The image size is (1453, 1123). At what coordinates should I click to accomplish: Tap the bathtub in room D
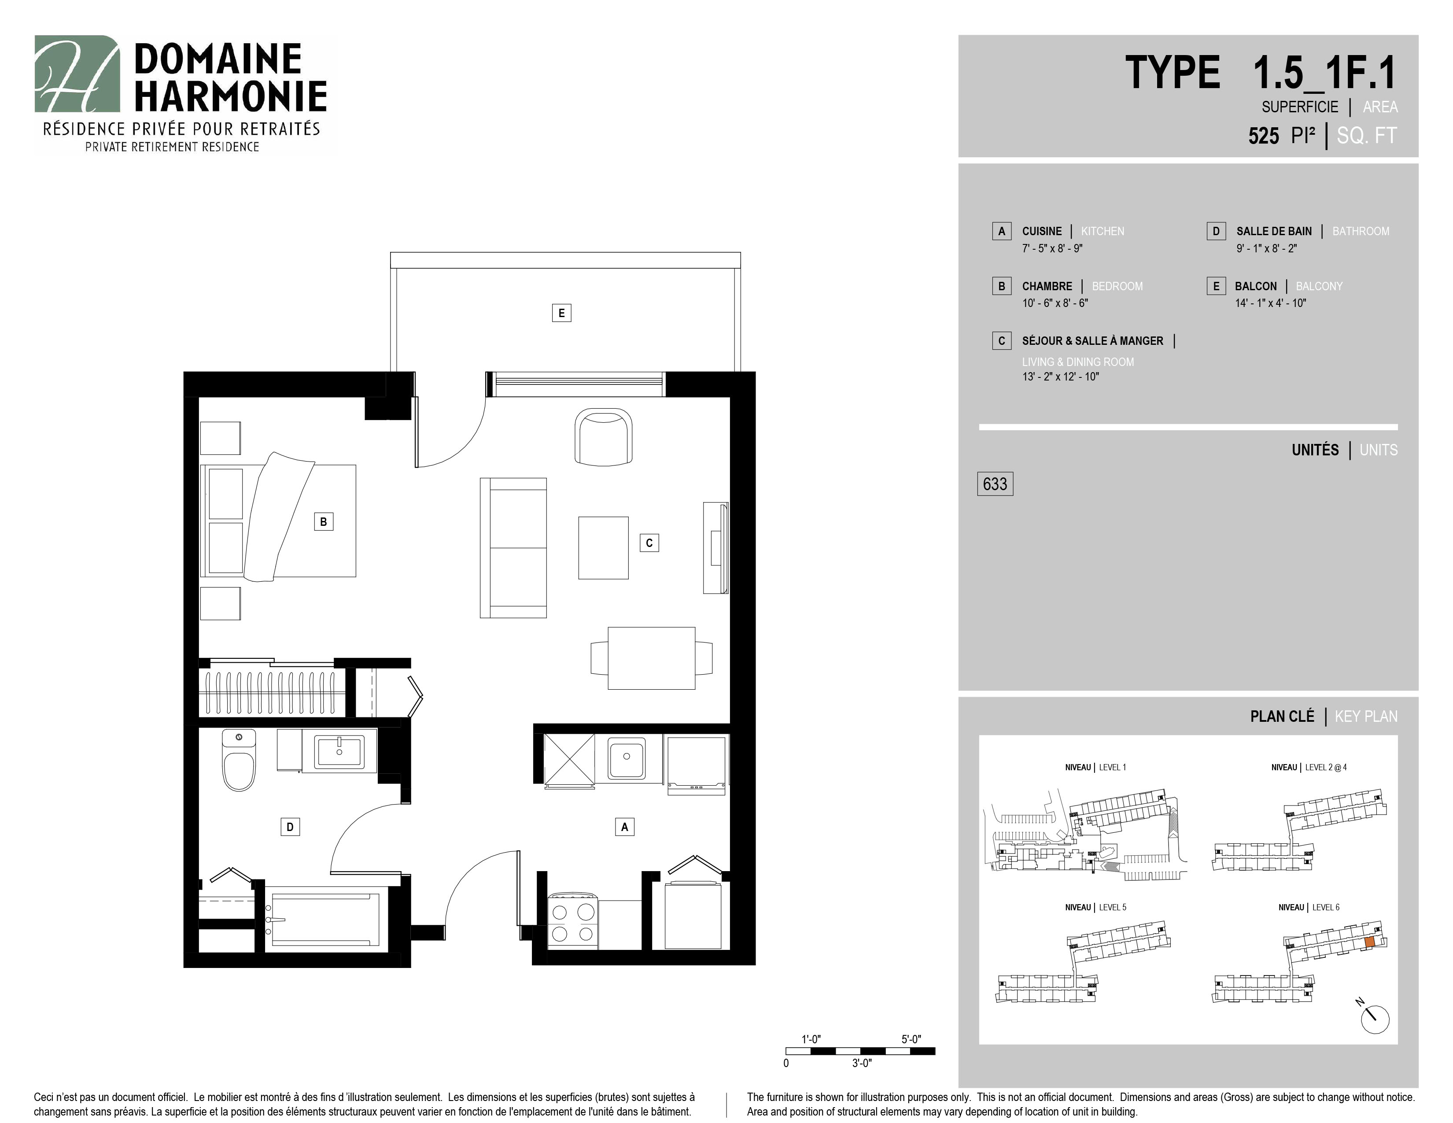(325, 919)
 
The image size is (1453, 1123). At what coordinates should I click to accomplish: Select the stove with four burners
(573, 924)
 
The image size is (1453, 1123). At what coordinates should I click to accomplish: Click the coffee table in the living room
(603, 547)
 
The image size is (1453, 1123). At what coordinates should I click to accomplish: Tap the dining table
(651, 658)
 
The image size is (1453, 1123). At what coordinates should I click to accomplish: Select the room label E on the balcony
(561, 313)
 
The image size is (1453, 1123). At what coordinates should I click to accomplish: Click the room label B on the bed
(323, 521)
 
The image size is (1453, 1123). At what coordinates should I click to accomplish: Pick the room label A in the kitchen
(624, 827)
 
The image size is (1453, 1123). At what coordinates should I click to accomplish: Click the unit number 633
(995, 484)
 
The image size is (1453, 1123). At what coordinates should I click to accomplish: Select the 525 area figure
(1263, 136)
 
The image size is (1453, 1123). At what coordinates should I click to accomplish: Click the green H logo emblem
(77, 74)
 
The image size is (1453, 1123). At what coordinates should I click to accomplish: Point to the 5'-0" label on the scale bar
(911, 1039)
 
